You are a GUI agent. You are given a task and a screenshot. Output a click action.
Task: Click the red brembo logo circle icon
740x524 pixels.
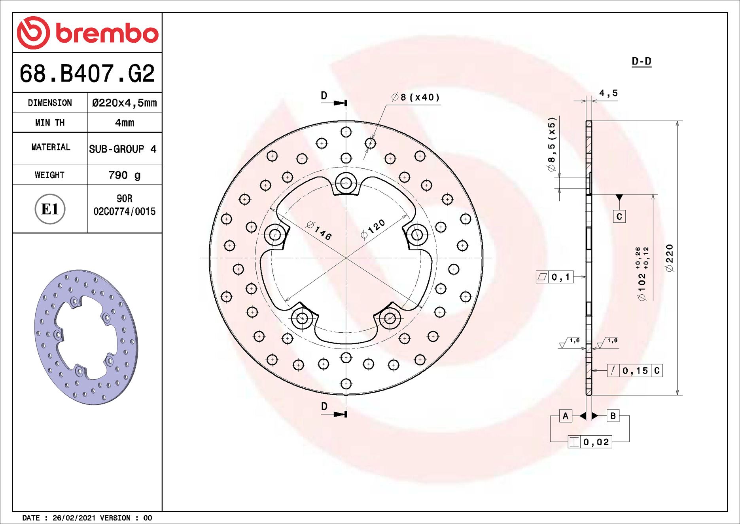pos(33,33)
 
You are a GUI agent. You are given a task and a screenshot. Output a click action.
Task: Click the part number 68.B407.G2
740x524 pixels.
pos(87,74)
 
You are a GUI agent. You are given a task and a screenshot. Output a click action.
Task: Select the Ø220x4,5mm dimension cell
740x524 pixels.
pos(124,103)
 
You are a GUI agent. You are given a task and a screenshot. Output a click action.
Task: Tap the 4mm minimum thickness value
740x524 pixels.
pos(124,123)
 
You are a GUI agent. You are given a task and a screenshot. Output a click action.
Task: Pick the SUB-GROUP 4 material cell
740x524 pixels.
pos(123,149)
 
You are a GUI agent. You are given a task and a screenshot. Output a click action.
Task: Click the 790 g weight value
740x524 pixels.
pos(124,175)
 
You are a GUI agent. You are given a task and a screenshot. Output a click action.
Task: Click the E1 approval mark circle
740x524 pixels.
pos(50,209)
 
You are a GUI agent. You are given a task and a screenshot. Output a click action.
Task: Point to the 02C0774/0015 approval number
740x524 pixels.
pos(124,212)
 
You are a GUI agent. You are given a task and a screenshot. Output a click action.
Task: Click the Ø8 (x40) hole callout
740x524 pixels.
pos(415,97)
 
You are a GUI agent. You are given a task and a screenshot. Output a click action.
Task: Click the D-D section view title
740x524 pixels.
pos(641,61)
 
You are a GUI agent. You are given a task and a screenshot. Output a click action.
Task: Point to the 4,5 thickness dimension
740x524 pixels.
pos(608,93)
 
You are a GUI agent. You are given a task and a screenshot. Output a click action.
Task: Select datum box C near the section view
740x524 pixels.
pos(619,216)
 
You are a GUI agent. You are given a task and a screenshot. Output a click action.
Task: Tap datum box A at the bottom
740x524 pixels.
pos(566,416)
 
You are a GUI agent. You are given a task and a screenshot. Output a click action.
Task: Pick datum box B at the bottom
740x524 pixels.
pos(613,416)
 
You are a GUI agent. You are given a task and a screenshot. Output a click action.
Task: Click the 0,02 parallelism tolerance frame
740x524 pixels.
pos(590,442)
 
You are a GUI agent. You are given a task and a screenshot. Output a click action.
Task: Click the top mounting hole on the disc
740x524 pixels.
pos(346,183)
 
